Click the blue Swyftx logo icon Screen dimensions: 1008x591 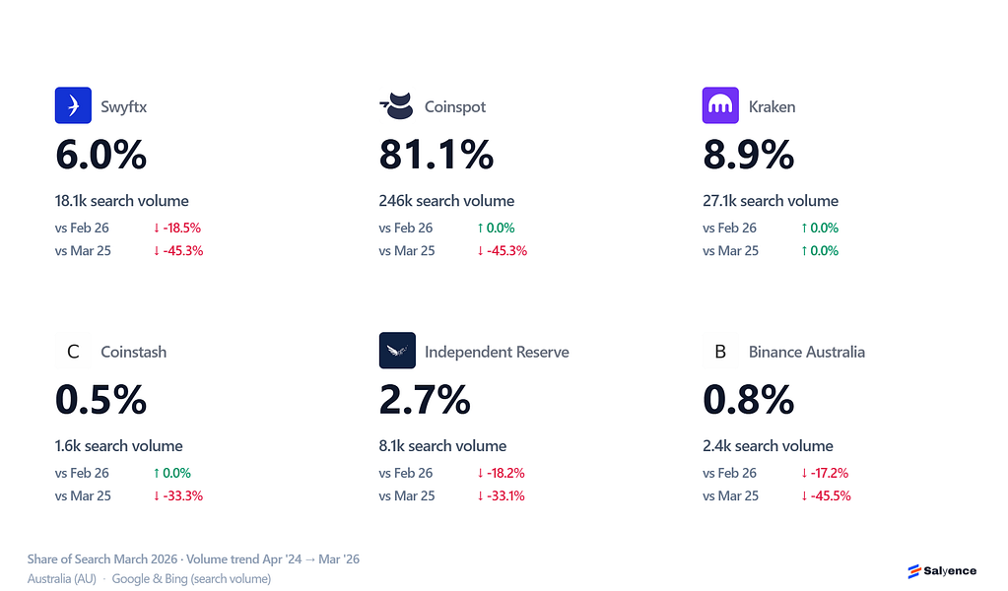pos(73,105)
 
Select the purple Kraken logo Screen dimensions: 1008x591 pos(720,105)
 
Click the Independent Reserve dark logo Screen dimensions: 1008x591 pos(397,350)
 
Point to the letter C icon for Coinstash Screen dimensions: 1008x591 pos(73,352)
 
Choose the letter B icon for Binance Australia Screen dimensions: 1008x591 pos(720,352)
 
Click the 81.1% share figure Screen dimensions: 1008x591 pos(437,155)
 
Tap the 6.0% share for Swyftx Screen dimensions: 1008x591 pos(101,155)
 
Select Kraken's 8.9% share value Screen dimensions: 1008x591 pos(748,155)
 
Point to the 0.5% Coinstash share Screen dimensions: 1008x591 pos(101,400)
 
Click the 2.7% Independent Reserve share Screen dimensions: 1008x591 pos(425,400)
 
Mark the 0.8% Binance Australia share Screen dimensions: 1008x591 pos(748,400)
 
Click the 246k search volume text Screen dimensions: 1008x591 pos(446,201)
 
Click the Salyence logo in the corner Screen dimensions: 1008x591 pos(942,570)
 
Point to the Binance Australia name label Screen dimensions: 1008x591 pos(807,352)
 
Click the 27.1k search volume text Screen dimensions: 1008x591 pos(771,201)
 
